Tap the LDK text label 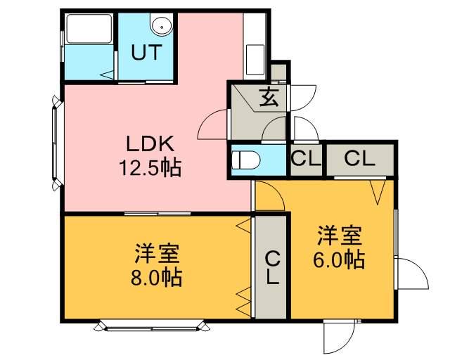point(149,143)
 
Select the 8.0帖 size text point(156,277)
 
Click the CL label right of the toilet point(306,158)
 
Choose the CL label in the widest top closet point(359,158)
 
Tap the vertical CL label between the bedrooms point(271,268)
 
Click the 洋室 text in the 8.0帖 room point(156,252)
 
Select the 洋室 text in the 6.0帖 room point(339,234)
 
